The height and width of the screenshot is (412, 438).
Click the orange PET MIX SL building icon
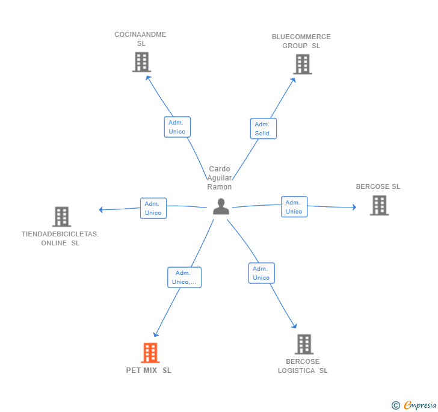(150, 353)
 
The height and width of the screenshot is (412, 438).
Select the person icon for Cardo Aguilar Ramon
(221, 206)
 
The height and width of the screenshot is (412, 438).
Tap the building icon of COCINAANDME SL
(141, 62)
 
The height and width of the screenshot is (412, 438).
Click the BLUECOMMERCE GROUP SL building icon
(303, 64)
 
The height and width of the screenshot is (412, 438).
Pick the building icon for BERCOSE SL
(379, 206)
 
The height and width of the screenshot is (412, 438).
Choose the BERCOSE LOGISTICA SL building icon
(304, 344)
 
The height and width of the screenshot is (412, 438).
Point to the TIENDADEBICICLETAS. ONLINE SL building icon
(62, 217)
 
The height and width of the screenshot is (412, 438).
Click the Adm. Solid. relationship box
(264, 129)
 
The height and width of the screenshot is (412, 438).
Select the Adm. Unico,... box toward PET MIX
(184, 277)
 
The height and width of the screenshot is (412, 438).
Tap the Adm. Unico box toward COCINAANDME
(177, 127)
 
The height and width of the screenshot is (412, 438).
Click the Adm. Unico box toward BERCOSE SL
(294, 207)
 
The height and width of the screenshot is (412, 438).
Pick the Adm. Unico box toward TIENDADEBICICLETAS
(153, 208)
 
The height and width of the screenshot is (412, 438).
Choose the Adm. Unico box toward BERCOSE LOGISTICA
(262, 273)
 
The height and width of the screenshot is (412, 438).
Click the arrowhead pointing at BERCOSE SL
(354, 207)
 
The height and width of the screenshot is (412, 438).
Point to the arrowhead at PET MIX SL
(156, 334)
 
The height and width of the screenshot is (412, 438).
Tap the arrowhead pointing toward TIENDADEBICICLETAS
(101, 209)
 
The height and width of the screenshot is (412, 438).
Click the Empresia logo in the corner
(420, 405)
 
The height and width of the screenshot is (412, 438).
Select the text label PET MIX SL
(149, 370)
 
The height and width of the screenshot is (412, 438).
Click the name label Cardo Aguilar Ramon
(220, 178)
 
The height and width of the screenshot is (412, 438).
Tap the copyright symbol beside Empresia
(396, 405)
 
